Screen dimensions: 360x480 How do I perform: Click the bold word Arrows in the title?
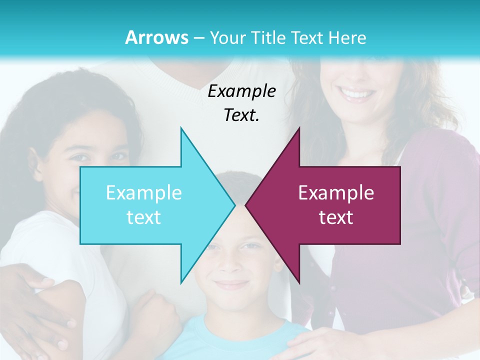(x=156, y=37)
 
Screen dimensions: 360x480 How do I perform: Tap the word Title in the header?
(x=268, y=37)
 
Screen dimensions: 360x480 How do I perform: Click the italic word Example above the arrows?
(x=242, y=91)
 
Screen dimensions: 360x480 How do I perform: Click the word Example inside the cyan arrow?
(x=144, y=193)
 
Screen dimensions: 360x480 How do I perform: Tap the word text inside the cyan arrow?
(x=144, y=217)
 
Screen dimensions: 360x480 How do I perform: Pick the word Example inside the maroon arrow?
(x=336, y=193)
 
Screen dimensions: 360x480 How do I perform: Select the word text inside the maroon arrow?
(x=336, y=217)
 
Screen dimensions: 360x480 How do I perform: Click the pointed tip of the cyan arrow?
(x=234, y=205)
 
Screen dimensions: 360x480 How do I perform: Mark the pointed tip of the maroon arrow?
(x=246, y=205)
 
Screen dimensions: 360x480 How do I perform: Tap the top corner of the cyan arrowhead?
(x=181, y=128)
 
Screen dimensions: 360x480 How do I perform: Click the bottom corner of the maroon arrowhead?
(x=299, y=282)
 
